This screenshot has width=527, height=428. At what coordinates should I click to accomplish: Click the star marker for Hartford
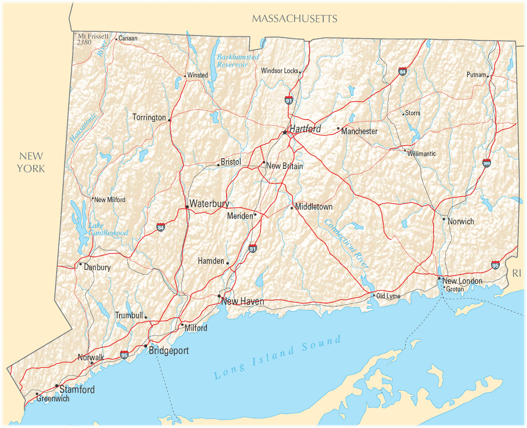(285, 132)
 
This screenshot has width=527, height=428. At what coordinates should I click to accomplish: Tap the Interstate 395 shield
(487, 163)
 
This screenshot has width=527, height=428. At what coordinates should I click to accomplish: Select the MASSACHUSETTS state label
(295, 18)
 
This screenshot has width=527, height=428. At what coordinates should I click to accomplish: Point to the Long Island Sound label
(278, 357)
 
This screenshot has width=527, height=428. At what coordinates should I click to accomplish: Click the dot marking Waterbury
(187, 206)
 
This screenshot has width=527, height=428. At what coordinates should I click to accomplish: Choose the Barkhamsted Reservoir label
(238, 61)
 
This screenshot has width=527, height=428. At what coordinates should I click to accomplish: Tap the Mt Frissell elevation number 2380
(83, 43)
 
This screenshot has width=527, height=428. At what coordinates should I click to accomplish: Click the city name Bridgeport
(169, 351)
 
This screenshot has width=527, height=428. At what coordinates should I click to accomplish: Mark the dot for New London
(439, 278)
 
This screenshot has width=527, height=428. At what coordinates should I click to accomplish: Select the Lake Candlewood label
(108, 229)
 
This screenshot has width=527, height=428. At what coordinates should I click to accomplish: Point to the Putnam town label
(476, 75)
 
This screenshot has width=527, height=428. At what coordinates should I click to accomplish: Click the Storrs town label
(412, 113)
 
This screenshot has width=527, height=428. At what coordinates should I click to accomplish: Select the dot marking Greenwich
(37, 394)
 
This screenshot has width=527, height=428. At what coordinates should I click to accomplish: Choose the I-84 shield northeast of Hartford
(402, 71)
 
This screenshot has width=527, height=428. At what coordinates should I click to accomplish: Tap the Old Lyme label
(388, 296)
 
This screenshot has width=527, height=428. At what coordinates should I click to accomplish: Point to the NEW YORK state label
(31, 162)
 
